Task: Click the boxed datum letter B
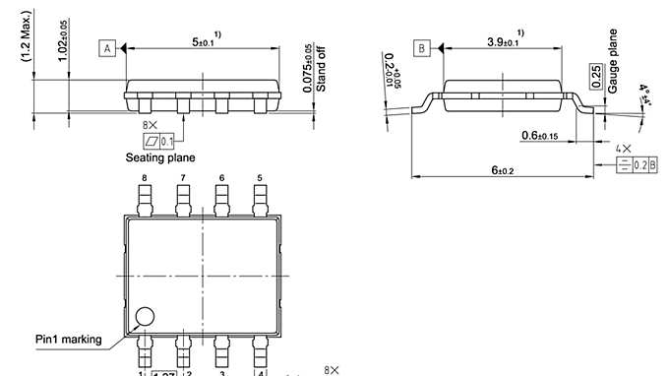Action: tap(421, 47)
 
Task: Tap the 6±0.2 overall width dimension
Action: tap(502, 170)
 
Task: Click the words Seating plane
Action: tap(159, 157)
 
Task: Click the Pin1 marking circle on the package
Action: tap(145, 317)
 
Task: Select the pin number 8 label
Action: tap(144, 178)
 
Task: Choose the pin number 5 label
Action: tap(260, 178)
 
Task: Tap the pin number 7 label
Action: tap(182, 178)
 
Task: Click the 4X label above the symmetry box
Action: tap(624, 148)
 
